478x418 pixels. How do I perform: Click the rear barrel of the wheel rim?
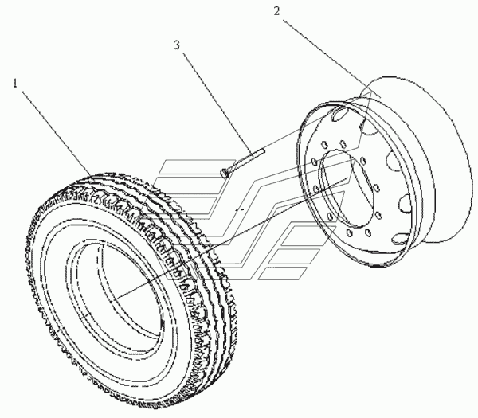[430, 159]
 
